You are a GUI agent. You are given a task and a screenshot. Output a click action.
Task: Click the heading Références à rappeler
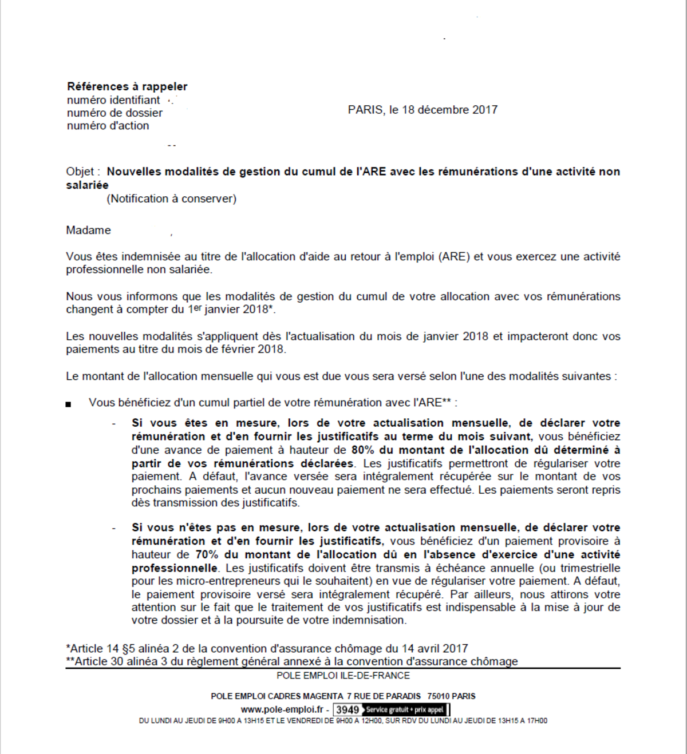(x=127, y=86)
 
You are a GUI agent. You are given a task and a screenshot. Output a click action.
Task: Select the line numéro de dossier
(x=114, y=113)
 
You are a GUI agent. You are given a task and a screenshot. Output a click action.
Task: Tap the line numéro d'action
(x=108, y=126)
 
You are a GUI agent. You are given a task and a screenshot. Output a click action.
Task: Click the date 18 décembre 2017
(x=449, y=110)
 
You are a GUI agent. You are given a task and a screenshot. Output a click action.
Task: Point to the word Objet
(x=80, y=172)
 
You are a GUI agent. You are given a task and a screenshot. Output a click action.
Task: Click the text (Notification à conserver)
(x=171, y=199)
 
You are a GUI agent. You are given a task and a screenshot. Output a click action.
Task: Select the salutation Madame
(x=88, y=231)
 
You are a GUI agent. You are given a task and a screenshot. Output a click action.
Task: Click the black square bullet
(x=69, y=404)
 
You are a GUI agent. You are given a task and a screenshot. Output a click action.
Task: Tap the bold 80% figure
(x=363, y=450)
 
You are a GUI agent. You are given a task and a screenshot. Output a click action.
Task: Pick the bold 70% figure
(x=207, y=554)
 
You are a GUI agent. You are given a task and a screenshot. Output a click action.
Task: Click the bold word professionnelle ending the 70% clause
(x=174, y=568)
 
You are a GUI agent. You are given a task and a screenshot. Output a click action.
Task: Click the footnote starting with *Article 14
(x=267, y=649)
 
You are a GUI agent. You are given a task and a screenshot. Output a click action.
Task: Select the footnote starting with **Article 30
(x=292, y=661)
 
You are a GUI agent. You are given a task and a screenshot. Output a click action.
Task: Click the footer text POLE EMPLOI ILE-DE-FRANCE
(x=343, y=676)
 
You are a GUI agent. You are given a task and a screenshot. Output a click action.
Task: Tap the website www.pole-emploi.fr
(x=282, y=709)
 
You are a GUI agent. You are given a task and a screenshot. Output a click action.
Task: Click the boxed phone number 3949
(x=348, y=710)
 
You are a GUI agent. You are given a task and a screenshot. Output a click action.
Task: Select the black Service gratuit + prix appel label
(x=405, y=710)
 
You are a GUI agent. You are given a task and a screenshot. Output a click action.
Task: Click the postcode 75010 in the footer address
(x=438, y=696)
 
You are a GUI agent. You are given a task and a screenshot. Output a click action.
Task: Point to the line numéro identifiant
(x=113, y=100)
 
